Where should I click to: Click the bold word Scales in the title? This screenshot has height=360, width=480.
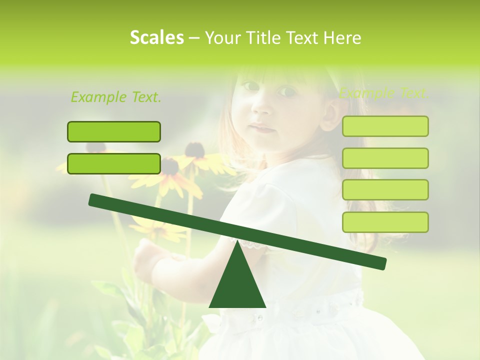coord(156,37)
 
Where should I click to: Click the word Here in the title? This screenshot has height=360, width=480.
coord(342,37)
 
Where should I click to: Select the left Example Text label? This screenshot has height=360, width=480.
coord(116,97)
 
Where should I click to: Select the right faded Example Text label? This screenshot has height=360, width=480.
coord(383,93)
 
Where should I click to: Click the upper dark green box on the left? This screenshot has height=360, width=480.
coord(114,131)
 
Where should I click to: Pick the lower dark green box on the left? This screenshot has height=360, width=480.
coord(114,163)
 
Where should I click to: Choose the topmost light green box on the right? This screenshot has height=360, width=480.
coord(385,126)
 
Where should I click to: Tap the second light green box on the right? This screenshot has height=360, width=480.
coord(385,158)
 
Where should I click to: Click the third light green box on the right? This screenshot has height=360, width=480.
coord(385,189)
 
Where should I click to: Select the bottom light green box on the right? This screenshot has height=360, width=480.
coord(385,222)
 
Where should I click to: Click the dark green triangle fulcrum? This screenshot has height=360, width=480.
coord(237,285)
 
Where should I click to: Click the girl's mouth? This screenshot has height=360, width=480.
coord(262,128)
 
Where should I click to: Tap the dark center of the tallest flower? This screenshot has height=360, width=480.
coord(195,149)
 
